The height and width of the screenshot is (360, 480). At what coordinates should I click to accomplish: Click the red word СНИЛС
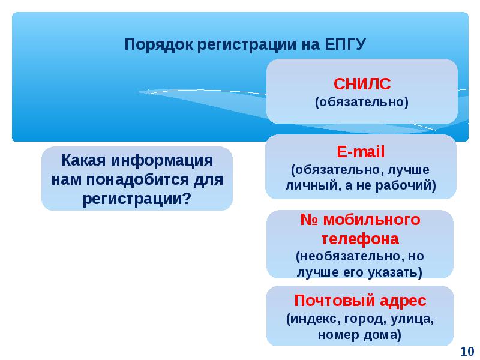point(362,84)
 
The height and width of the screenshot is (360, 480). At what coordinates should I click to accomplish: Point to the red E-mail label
point(361,152)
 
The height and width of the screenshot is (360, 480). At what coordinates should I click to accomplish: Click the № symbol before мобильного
point(310,220)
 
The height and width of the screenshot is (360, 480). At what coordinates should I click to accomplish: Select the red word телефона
point(361,239)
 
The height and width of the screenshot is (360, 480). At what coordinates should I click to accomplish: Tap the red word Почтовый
point(335,301)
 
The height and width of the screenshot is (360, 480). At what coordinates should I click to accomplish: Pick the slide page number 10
point(467,352)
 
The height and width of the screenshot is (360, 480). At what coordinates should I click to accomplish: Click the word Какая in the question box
point(84,160)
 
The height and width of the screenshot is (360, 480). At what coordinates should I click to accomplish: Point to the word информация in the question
point(162,161)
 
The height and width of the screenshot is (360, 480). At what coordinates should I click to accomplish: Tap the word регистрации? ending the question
point(137,199)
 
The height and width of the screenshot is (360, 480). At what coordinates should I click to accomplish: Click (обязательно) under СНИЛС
point(362,102)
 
